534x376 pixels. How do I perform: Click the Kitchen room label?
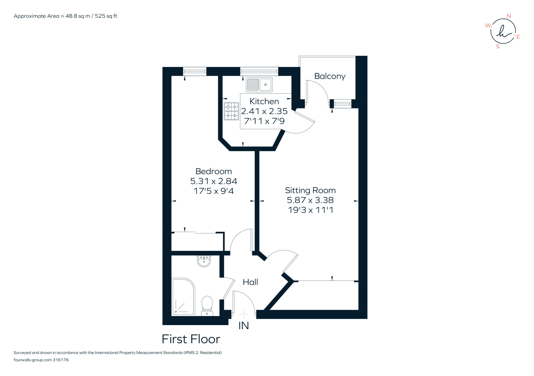[264, 101]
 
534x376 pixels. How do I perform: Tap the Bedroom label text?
[214, 171]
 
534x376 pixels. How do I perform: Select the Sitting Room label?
[310, 190]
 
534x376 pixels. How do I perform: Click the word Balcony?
[330, 76]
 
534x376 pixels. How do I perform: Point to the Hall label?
[250, 282]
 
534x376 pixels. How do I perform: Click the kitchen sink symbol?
[259, 84]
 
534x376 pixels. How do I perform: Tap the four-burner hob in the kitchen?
[231, 111]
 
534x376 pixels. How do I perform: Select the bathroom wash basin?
[204, 261]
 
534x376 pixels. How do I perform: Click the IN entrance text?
[244, 326]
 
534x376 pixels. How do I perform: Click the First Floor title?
[191, 339]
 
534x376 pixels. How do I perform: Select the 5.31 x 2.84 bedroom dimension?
[214, 181]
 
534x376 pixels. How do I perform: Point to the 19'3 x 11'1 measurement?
[310, 210]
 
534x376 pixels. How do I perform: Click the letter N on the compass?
[508, 16]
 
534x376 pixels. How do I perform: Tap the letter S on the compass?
[497, 47]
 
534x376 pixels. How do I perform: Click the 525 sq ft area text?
[106, 16]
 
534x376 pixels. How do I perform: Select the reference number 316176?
[60, 360]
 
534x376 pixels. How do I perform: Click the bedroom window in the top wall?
[195, 71]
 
